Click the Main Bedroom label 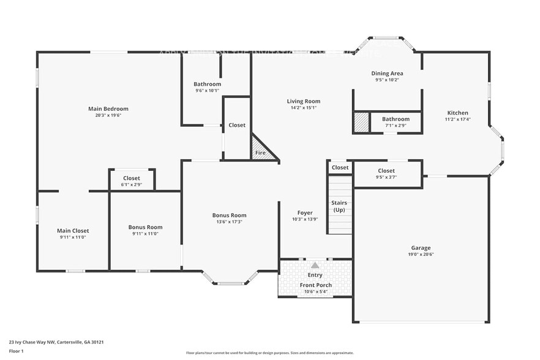[108, 108]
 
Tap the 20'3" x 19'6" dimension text [108, 115]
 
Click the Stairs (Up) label [339, 206]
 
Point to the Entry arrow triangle [315, 265]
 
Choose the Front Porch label [315, 285]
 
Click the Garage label [420, 247]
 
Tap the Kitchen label [457, 113]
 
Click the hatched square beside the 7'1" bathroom [361, 122]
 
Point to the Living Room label [304, 101]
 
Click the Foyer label [305, 212]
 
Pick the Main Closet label [73, 231]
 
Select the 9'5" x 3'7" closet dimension [386, 178]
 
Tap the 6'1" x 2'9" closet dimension [131, 184]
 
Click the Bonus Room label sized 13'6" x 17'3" [229, 215]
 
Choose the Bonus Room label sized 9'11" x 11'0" [145, 227]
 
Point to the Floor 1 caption [16, 351]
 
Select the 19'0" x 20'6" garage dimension [420, 254]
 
